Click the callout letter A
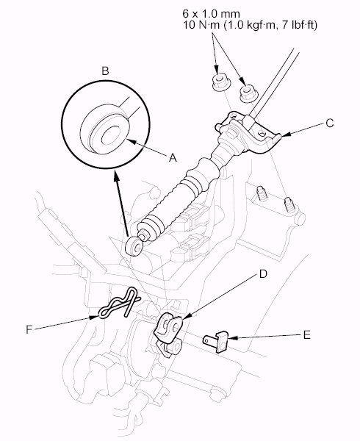pyautogui.click(x=173, y=158)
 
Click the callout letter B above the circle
pyautogui.click(x=105, y=71)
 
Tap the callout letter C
pyautogui.click(x=330, y=123)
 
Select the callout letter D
pyautogui.click(x=263, y=273)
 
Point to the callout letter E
pyautogui.click(x=307, y=335)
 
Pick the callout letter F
pyautogui.click(x=29, y=329)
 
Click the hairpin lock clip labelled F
pyautogui.click(x=118, y=303)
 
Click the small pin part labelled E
pyautogui.click(x=216, y=340)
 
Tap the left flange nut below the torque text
pyautogui.click(x=220, y=82)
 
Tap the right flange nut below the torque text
pyautogui.click(x=248, y=93)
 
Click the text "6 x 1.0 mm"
pyautogui.click(x=211, y=13)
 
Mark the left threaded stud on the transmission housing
pyautogui.click(x=262, y=193)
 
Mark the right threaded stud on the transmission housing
pyautogui.click(x=289, y=205)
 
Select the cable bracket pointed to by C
pyautogui.click(x=249, y=132)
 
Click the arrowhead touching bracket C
pyautogui.click(x=284, y=136)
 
